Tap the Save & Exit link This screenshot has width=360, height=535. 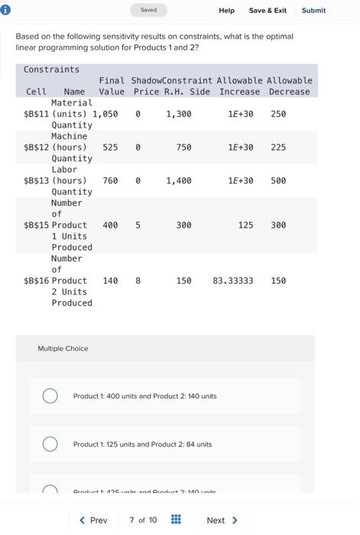[x=268, y=11]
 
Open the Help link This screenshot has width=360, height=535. [x=226, y=11]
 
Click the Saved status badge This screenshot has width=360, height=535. [x=149, y=10]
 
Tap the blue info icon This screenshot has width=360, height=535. [x=7, y=10]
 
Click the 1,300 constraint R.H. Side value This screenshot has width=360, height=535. [x=179, y=114]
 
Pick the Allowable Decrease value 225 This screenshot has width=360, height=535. [x=278, y=148]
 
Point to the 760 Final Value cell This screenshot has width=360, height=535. [x=110, y=181]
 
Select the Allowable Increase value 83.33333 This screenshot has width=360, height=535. [x=233, y=281]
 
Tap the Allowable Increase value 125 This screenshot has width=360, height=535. [x=245, y=225]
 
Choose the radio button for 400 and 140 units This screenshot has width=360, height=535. [x=50, y=396]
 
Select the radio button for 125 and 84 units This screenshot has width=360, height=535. [x=50, y=444]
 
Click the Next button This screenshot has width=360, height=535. [x=222, y=520]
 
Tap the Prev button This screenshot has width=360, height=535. [x=94, y=520]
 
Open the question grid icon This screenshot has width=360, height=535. [x=175, y=520]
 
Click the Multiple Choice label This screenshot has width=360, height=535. [x=63, y=349]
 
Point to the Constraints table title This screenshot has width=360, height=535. [x=51, y=70]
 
